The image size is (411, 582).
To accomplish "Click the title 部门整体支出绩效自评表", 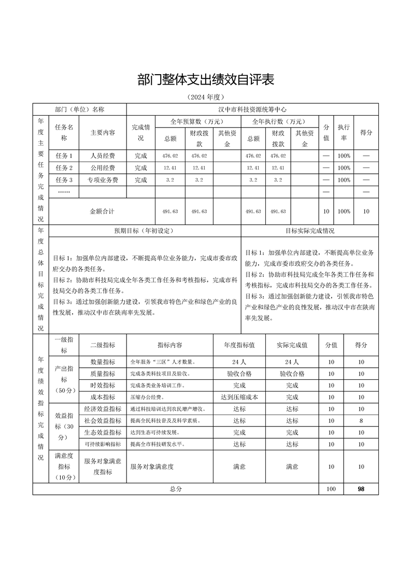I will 205,80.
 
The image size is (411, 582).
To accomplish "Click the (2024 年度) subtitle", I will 205,97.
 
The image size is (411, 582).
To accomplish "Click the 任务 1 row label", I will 64,156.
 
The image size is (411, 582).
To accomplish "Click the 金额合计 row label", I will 102,212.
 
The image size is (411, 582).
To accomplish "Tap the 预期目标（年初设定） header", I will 144,231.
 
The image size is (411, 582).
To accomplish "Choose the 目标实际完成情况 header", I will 309,231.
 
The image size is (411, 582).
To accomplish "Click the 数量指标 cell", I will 103,362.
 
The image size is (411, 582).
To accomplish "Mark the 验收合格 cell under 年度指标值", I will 239,374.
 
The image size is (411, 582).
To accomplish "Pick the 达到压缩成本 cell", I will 239,397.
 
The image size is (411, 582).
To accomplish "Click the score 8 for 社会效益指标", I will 361,421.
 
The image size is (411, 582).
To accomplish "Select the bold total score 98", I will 361,489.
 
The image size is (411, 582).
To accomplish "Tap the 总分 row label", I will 176,489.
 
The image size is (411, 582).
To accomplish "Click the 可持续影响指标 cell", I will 103,444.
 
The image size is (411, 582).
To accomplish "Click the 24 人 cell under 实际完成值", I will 292,362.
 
